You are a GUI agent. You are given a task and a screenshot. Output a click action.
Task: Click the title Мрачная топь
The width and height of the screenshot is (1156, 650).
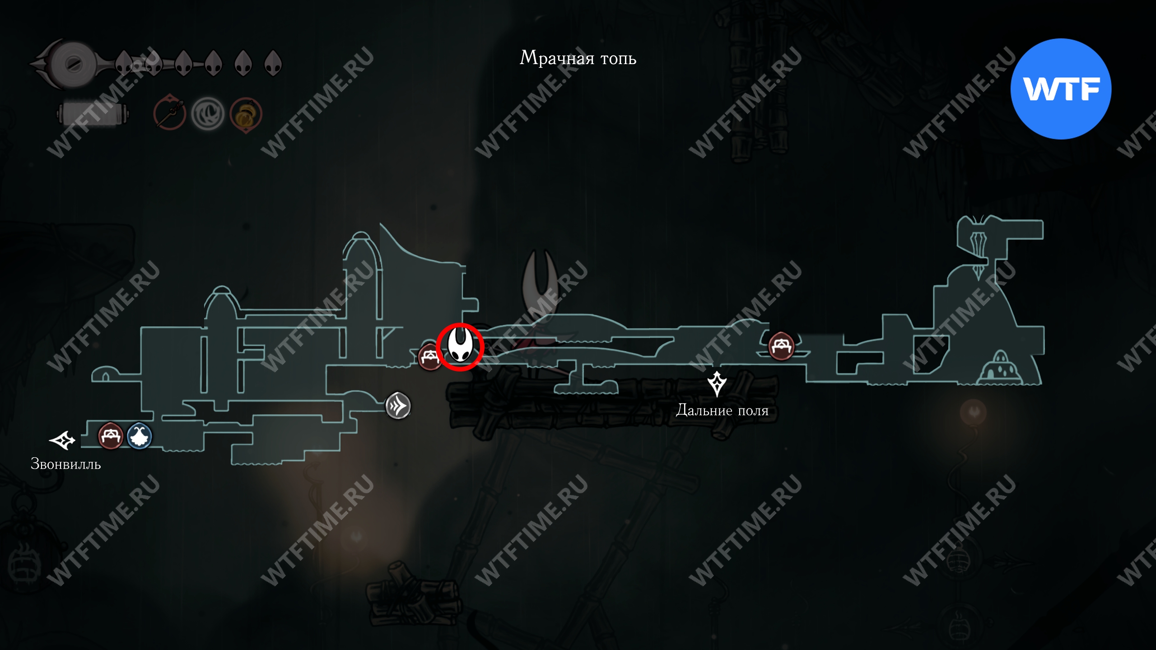click(x=578, y=58)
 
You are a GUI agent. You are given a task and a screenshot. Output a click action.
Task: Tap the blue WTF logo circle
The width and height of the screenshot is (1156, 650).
click(x=1061, y=89)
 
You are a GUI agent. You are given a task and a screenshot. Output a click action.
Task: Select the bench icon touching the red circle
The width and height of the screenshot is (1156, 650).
click(x=429, y=357)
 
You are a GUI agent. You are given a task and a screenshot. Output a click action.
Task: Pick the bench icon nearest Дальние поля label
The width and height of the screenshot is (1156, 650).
click(x=781, y=346)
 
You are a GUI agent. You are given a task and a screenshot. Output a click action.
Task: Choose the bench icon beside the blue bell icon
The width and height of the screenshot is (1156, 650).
click(x=110, y=436)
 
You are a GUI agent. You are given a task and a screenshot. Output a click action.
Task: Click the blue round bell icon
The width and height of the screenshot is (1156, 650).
click(x=139, y=436)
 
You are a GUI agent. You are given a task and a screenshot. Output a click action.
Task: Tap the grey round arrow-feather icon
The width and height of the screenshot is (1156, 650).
click(x=398, y=405)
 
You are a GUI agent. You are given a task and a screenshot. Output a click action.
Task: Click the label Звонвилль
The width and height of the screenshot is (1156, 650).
click(x=65, y=464)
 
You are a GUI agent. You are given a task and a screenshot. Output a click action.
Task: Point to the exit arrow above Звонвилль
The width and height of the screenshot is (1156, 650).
click(x=62, y=440)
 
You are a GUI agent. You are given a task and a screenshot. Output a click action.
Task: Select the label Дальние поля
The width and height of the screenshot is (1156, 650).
click(x=722, y=410)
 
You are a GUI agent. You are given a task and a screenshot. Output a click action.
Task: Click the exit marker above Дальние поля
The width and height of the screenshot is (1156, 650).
click(x=717, y=384)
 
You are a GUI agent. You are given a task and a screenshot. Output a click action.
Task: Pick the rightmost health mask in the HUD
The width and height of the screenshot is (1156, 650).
click(x=273, y=63)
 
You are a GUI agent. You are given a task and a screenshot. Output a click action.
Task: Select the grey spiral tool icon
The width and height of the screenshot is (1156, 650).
click(x=208, y=114)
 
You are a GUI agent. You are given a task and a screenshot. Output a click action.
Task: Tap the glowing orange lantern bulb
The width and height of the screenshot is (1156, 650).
click(x=973, y=412)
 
